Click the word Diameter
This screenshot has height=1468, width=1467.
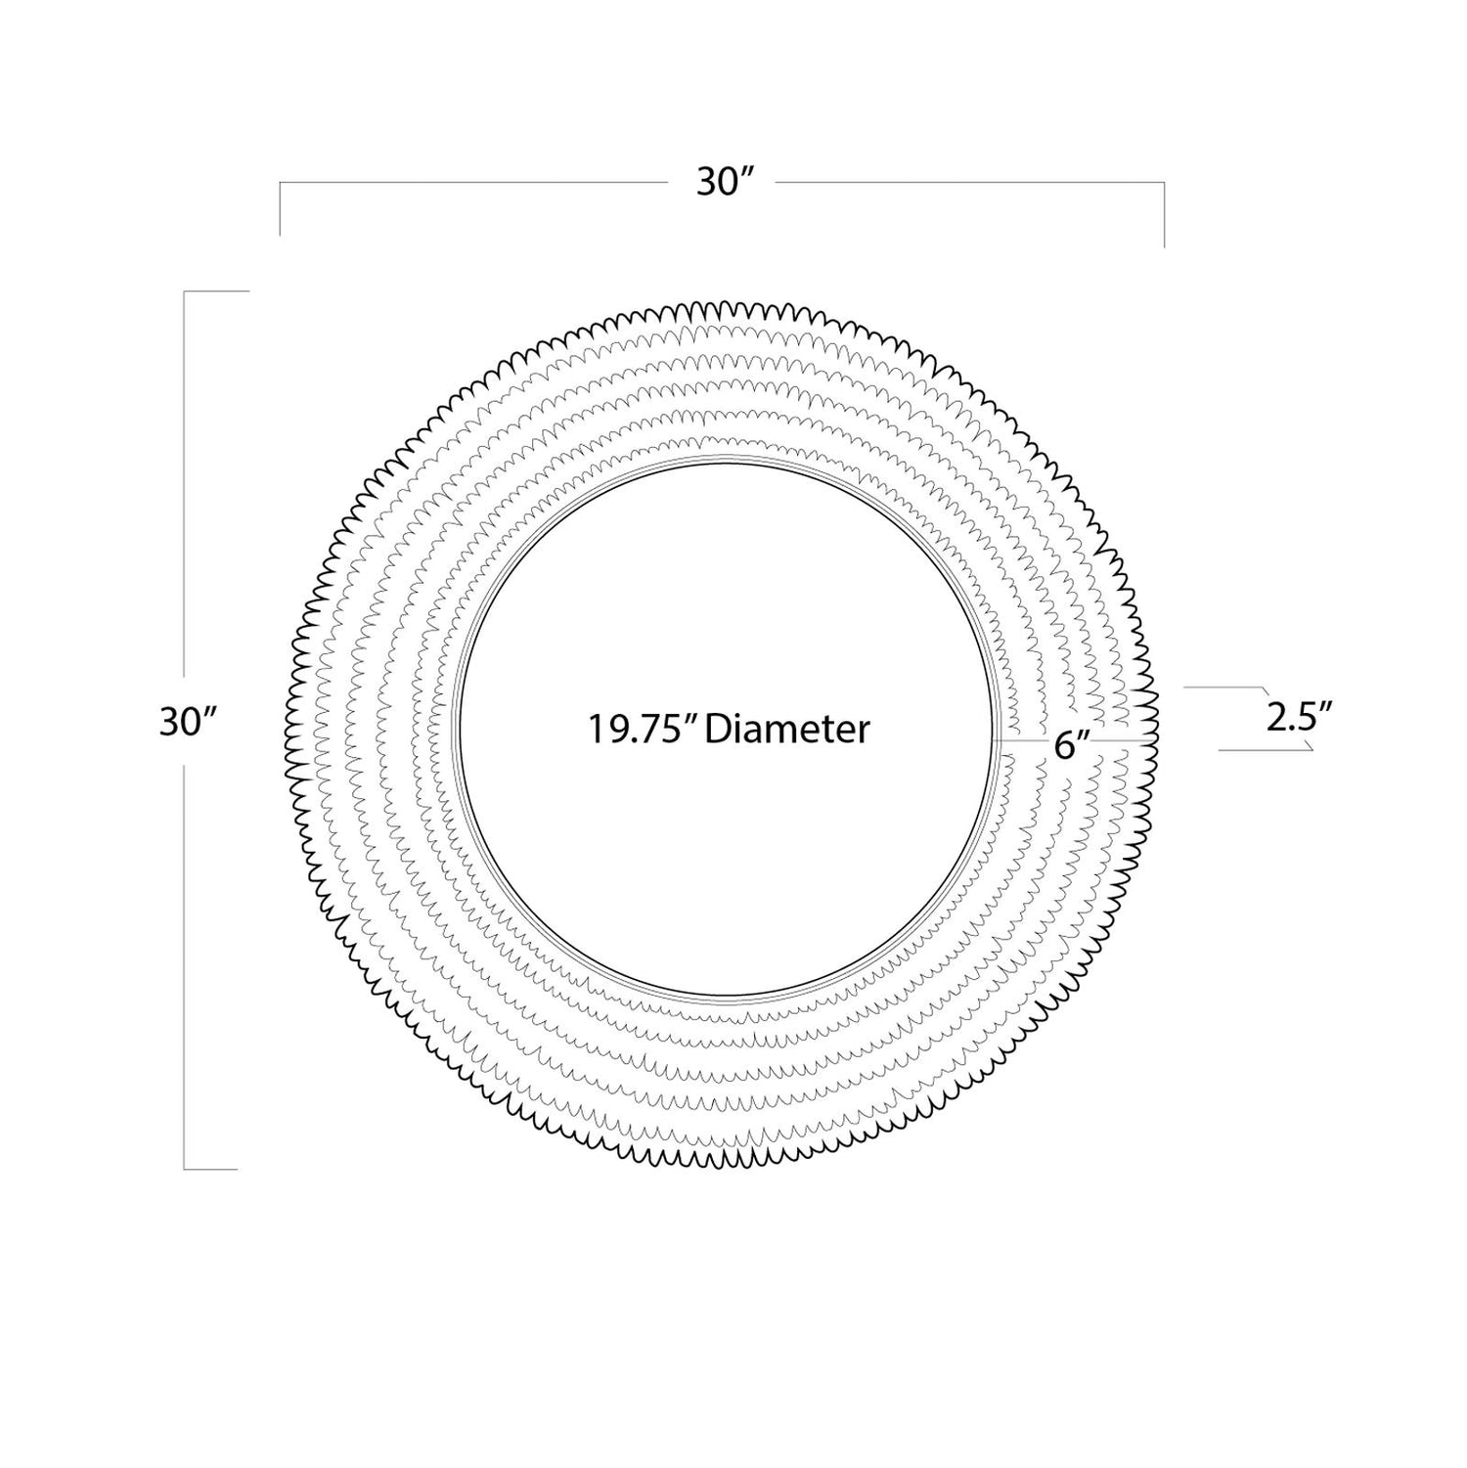tap(786, 729)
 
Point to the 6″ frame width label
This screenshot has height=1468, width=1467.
tap(1072, 745)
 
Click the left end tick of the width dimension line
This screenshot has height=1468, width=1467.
tap(280, 208)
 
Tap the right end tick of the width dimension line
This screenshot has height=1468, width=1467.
tap(1164, 215)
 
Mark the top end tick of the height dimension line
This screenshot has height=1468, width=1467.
tap(217, 291)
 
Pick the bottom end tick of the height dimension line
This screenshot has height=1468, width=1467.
tap(210, 1169)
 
